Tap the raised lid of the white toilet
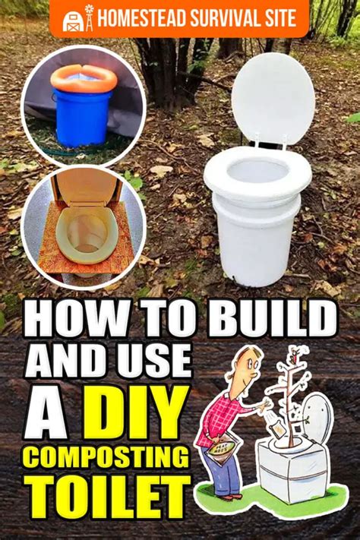[x=272, y=98]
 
